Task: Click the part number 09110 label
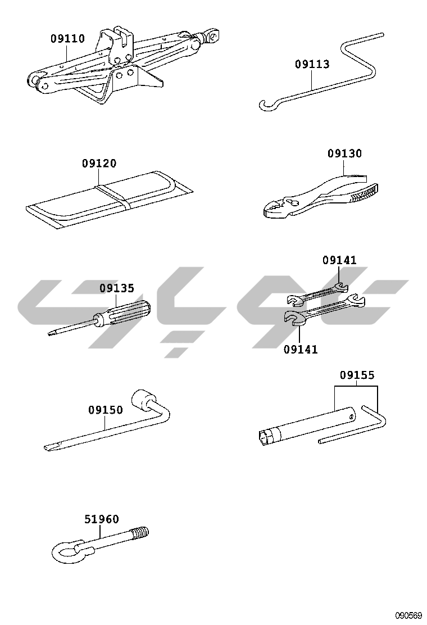[68, 39]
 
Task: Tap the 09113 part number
[312, 64]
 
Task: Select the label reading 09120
[99, 164]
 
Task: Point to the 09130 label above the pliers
[344, 153]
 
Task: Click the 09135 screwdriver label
[117, 288]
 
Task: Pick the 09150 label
[106, 410]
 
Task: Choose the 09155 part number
[357, 375]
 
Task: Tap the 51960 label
[102, 519]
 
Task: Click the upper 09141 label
[339, 260]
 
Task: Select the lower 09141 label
[301, 350]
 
